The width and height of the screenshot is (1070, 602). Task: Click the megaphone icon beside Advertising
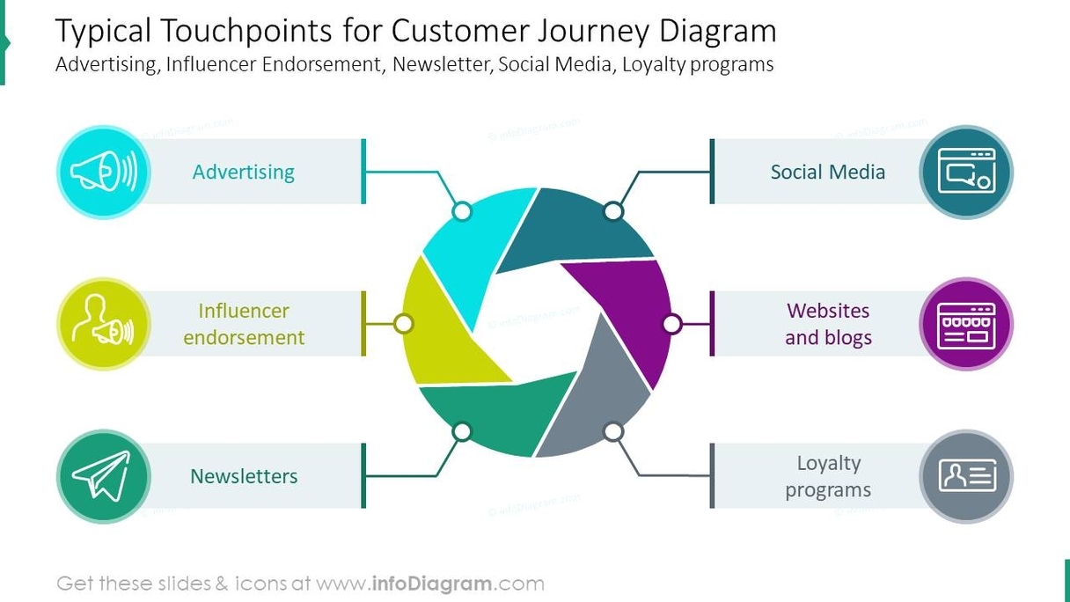103,173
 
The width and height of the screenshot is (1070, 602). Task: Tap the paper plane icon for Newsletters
103,476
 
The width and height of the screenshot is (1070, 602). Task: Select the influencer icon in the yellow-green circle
103,324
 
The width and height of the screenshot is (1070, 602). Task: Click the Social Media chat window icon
965,173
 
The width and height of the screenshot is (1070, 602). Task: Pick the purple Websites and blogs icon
965,324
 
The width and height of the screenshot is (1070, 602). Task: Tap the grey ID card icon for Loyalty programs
965,476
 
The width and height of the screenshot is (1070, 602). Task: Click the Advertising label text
244,172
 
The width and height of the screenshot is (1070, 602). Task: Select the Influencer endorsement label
244,324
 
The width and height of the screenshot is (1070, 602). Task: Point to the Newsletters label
244,476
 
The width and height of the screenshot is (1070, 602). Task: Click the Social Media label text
827,172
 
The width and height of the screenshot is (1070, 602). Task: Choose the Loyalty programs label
827,476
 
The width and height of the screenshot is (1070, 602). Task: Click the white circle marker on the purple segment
671,324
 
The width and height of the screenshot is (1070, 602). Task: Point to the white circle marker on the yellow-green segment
404,324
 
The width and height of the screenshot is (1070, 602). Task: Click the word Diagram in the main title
718,32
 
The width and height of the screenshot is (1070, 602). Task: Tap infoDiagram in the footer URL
431,583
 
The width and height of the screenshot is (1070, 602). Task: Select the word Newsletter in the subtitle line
441,64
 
